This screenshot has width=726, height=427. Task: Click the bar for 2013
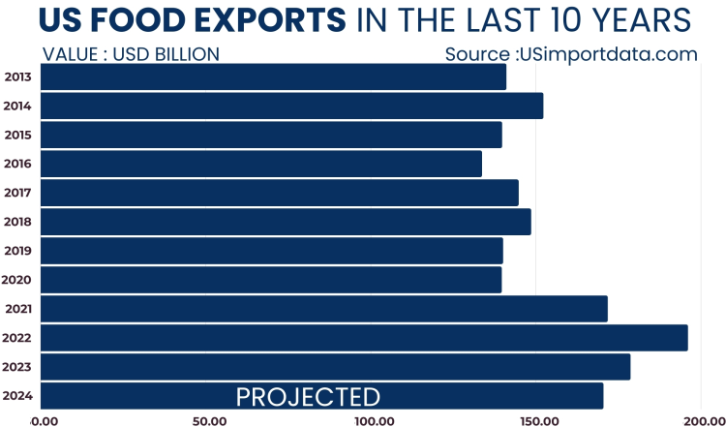pos(273,76)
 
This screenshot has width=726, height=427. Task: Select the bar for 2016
pos(261,164)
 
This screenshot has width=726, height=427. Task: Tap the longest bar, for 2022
pos(364,338)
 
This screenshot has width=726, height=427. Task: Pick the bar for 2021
pos(324,309)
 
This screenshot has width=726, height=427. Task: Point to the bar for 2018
pos(286,222)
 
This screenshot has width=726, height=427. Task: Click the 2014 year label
pos(18,106)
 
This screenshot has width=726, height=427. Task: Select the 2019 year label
pos(18,251)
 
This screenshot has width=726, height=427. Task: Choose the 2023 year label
pos(18,367)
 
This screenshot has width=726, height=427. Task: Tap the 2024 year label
pos(18,396)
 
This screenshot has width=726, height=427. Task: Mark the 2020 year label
pos(18,280)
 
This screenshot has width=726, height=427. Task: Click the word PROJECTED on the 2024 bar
pos(308,397)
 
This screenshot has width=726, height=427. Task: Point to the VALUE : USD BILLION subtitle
pos(131,54)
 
